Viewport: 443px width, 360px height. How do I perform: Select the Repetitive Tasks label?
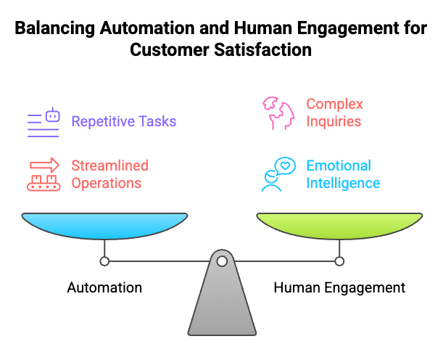click(123, 120)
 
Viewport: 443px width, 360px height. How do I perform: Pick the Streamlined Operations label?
click(109, 174)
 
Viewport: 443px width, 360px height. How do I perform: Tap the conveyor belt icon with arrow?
click(44, 175)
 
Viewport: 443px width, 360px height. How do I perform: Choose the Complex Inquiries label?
click(334, 113)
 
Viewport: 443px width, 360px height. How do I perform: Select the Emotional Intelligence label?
click(342, 174)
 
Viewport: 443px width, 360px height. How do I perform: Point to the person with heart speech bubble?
click(276, 175)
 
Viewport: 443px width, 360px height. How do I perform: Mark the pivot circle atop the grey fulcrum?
click(222, 261)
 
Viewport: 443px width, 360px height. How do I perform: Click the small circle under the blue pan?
click(104, 261)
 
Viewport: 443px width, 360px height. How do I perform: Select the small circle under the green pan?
click(339, 261)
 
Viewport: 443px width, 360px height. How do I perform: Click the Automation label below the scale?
click(104, 287)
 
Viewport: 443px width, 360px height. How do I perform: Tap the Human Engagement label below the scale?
click(339, 287)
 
